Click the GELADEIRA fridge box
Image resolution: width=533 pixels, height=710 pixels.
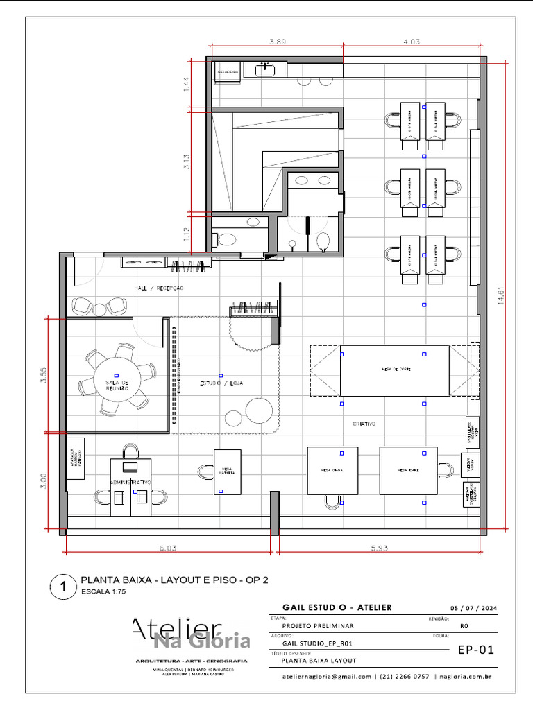pyautogui.click(x=228, y=71)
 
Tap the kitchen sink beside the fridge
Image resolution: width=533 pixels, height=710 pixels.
pyautogui.click(x=265, y=69)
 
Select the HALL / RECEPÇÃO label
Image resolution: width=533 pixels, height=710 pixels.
pyautogui.click(x=159, y=287)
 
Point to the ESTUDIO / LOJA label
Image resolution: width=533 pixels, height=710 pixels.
pyautogui.click(x=221, y=383)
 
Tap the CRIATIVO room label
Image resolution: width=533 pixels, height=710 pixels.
pyautogui.click(x=364, y=423)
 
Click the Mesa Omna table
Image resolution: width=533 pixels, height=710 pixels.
pyautogui.click(x=332, y=470)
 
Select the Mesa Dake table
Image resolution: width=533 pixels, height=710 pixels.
pyautogui.click(x=408, y=470)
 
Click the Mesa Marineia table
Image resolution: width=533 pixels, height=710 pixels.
pyautogui.click(x=227, y=471)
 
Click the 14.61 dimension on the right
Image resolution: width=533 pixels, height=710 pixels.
pyautogui.click(x=492, y=297)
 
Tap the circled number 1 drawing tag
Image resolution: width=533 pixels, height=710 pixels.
pyautogui.click(x=62, y=587)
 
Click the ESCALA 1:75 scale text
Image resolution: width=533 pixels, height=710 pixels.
pyautogui.click(x=103, y=592)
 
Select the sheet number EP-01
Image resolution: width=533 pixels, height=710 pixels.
pyautogui.click(x=475, y=650)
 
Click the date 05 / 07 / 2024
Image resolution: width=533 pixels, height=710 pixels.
pyautogui.click(x=474, y=608)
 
